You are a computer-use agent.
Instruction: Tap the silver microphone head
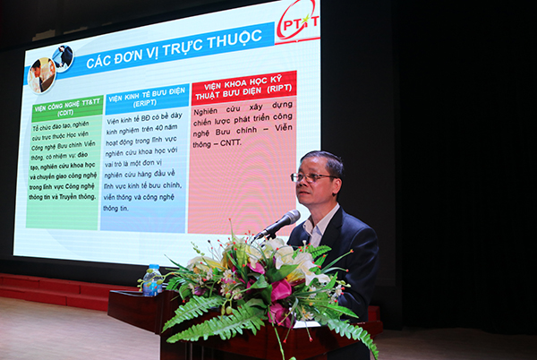pyautogui.click(x=288, y=219)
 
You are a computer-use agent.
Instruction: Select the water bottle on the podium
pyautogui.click(x=152, y=279)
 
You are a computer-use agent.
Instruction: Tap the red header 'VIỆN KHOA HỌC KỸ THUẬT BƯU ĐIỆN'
pyautogui.click(x=243, y=90)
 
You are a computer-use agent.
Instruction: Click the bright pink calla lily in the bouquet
pyautogui.click(x=281, y=289)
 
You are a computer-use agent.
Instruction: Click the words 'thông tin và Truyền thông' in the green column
pyautogui.click(x=62, y=196)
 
